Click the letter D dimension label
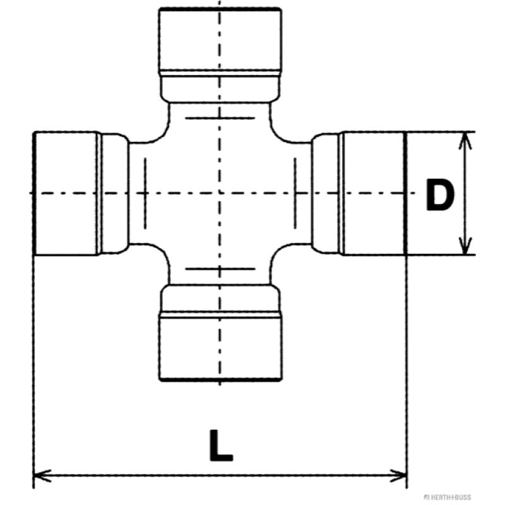[439, 196]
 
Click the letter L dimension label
[220, 446]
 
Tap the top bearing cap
[220, 40]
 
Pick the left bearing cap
[66, 193]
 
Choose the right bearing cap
[372, 193]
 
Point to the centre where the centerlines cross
[220, 193]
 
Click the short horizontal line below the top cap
[220, 118]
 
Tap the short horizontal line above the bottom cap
[220, 268]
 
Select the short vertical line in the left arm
[145, 193]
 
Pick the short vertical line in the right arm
[295, 193]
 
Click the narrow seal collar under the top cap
[220, 87]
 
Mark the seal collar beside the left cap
[114, 193]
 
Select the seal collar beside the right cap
[326, 193]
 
